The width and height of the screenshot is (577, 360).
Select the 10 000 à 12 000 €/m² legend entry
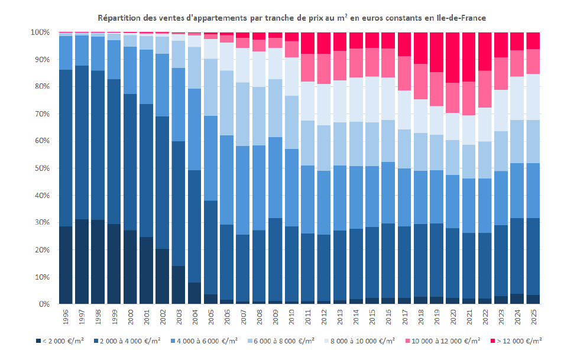pyautogui.click(x=443, y=340)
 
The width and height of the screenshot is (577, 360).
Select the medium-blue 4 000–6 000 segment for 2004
pyautogui.click(x=195, y=129)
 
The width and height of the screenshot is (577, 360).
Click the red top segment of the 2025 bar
pyautogui.click(x=534, y=41)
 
